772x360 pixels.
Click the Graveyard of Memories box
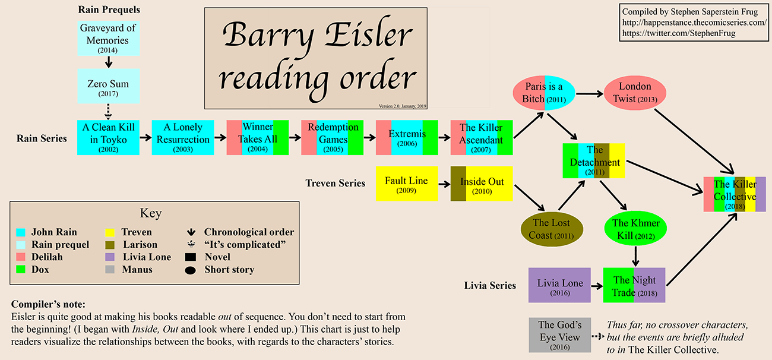point(107,39)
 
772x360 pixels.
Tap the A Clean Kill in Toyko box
point(109,137)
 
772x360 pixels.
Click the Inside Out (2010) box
point(482,184)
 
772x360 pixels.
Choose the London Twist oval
point(635,93)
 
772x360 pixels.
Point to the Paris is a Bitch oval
point(543,93)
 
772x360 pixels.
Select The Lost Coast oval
point(550,229)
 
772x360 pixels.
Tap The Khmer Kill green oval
point(635,229)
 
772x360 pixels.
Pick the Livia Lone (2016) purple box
point(560,285)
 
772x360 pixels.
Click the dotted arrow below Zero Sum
point(109,110)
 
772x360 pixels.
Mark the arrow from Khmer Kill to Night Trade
point(635,255)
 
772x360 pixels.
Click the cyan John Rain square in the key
point(21,232)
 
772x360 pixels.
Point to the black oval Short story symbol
point(190,270)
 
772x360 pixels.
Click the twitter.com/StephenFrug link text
point(678,33)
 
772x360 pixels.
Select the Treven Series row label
point(335,183)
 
